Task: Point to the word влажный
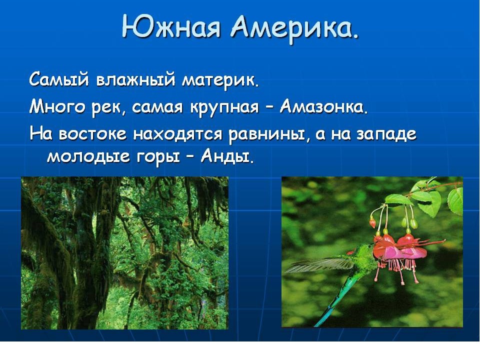click(x=136, y=79)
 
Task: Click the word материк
click(x=219, y=81)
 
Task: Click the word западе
click(x=386, y=134)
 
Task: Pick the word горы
click(x=157, y=157)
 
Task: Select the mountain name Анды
click(x=226, y=156)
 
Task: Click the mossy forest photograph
click(x=124, y=253)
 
